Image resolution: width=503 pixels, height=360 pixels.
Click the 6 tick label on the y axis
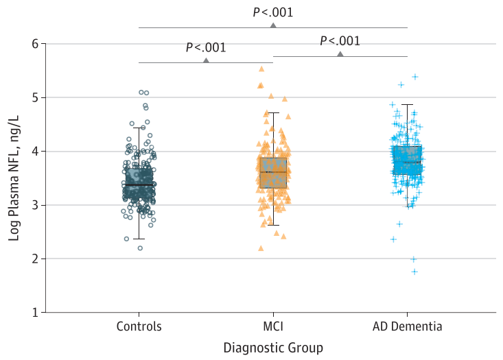pos(34,44)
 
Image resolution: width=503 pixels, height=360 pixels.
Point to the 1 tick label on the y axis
pos(34,312)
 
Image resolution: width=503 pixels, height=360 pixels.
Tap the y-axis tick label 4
pos(34,151)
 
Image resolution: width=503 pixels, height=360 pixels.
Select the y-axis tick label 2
pos(34,259)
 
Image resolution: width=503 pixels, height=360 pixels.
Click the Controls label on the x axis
pos(139,326)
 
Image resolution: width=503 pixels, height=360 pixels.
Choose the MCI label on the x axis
pos(273,326)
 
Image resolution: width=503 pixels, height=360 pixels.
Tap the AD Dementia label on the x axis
pos(408,326)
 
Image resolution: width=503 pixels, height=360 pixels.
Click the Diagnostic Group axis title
pos(273,348)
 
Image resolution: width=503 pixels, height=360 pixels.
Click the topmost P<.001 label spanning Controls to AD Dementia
pos(273,12)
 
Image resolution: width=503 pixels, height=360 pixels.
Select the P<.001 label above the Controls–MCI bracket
pos(206,48)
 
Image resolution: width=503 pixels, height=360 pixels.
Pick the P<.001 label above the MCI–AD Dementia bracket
pos(340,41)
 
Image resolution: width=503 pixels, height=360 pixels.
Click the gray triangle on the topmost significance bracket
pos(273,25)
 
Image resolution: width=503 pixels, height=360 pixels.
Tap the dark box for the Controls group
pos(139,185)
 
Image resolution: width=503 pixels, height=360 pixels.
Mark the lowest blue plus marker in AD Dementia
pos(414,272)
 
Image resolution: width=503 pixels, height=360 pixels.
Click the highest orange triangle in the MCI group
pos(261,69)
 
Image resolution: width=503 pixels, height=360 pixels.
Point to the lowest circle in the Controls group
pos(140,248)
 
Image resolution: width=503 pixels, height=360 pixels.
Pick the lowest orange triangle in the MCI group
pos(261,248)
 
